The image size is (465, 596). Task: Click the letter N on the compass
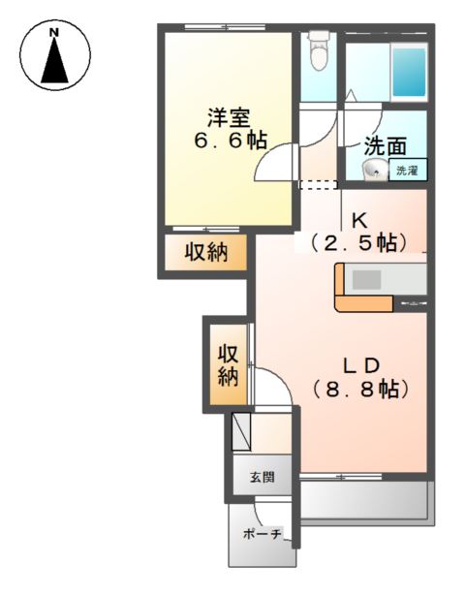(55, 32)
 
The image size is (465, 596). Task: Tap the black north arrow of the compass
(55, 62)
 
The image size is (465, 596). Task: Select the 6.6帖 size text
(229, 141)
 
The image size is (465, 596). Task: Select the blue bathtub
(409, 70)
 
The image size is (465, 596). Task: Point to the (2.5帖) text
(358, 240)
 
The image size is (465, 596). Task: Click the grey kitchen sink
(367, 280)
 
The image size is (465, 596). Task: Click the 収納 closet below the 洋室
(206, 255)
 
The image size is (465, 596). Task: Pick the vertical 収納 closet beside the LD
(228, 363)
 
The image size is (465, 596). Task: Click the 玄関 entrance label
(261, 477)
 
